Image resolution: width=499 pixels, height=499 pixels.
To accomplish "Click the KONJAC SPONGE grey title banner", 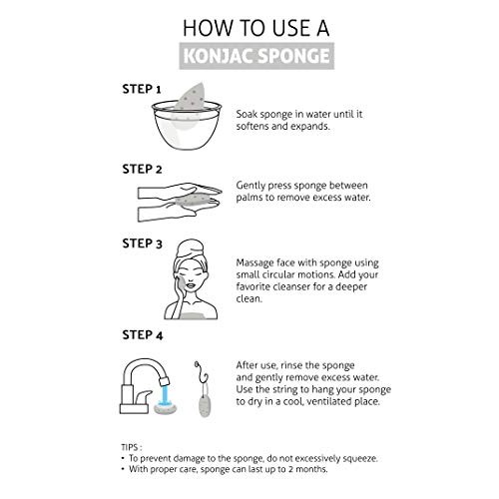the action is [256, 56].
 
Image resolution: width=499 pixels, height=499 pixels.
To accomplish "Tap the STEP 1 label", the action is [142, 89].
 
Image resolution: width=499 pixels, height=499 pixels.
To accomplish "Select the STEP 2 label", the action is [142, 169].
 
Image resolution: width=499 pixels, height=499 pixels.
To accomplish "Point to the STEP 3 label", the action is [142, 244].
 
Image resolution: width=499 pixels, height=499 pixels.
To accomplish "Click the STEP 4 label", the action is [143, 335].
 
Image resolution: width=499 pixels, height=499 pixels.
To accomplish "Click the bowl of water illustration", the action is [187, 126].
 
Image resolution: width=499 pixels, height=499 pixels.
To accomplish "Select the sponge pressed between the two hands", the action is [193, 201].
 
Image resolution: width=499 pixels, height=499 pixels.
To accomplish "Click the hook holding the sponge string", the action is [201, 372].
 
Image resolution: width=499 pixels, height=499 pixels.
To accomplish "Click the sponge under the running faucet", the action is [165, 408].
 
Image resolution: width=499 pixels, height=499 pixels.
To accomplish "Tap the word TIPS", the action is [130, 447].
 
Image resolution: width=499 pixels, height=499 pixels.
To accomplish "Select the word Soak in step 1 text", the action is [247, 114].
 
